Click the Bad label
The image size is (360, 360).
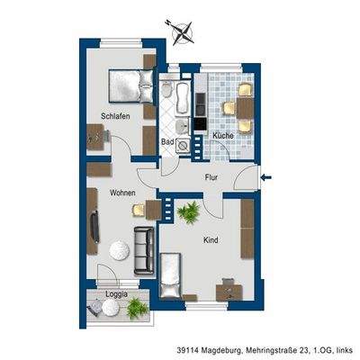pos(167,141)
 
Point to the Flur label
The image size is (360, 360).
pos(211,177)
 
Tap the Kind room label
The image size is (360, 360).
pos(211,240)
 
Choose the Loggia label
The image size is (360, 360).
pos(113,294)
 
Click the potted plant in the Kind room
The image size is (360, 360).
pos(189,212)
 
